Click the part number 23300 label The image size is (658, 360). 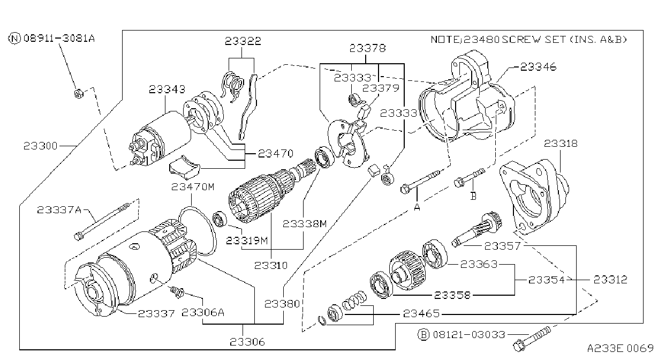41,146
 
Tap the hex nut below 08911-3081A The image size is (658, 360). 78,94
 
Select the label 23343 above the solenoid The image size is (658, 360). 167,89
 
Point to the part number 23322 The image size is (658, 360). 243,41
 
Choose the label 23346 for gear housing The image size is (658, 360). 539,67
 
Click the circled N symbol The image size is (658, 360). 14,39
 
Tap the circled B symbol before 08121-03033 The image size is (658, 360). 423,335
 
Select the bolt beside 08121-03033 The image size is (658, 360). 532,339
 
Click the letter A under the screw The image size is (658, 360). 417,207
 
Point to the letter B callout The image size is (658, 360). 473,196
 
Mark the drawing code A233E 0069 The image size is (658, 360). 621,348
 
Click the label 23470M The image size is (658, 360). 193,187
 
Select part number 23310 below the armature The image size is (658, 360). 271,265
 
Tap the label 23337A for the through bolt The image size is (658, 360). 59,210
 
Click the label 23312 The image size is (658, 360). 610,280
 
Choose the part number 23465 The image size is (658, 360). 421,313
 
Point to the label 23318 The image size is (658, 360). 561,144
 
